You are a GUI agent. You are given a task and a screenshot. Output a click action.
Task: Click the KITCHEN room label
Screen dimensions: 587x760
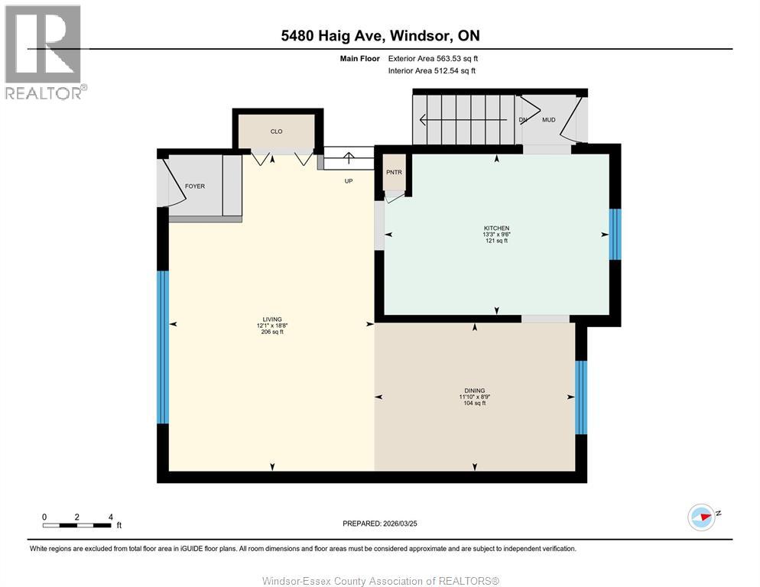click(x=495, y=229)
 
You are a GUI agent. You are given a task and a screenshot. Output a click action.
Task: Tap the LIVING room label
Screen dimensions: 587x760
click(x=271, y=319)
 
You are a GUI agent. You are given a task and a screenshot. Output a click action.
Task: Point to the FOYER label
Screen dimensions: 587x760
click(x=195, y=186)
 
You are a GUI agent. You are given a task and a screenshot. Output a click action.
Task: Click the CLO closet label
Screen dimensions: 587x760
click(x=277, y=131)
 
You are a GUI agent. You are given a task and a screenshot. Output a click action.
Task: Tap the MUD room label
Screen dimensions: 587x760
click(x=548, y=120)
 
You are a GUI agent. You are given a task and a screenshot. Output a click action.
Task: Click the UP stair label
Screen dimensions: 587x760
click(x=348, y=181)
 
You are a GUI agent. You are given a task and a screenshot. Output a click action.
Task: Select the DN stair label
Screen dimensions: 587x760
click(x=523, y=120)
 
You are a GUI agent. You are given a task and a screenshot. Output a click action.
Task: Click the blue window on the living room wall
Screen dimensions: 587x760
click(x=162, y=347)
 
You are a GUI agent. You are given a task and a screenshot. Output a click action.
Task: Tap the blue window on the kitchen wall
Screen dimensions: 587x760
click(x=615, y=234)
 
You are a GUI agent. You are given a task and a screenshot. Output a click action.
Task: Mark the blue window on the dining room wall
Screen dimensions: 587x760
click(x=580, y=397)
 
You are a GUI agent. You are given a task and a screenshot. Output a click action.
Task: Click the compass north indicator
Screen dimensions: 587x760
click(x=701, y=516)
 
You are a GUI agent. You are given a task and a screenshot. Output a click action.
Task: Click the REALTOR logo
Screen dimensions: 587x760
click(x=44, y=52)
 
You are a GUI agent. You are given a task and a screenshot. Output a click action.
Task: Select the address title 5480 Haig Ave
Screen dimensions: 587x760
click(x=379, y=36)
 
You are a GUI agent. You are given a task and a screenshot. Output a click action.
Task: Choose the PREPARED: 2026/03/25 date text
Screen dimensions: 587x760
click(x=380, y=524)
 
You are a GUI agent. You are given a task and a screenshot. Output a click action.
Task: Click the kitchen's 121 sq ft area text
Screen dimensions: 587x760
click(x=495, y=241)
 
